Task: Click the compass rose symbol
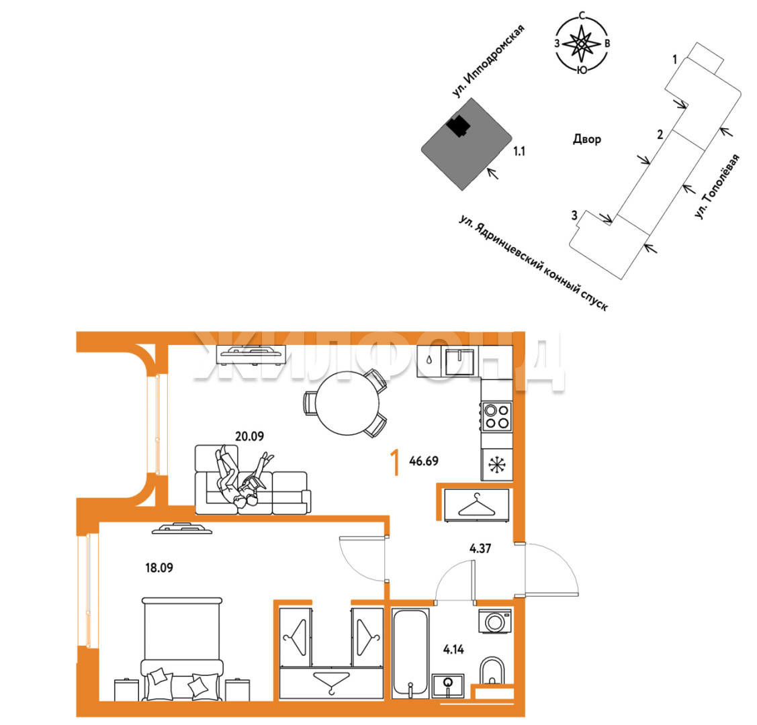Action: pos(582,44)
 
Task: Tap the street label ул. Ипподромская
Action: pos(488,61)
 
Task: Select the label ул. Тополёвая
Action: pos(717,186)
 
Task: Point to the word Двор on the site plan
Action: pos(587,140)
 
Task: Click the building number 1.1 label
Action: pos(519,152)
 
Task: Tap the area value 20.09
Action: pos(250,436)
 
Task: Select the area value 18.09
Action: pos(159,568)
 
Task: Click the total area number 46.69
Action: pos(424,461)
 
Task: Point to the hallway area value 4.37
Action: pos(480,548)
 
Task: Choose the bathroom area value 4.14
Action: pos(453,649)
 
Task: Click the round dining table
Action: pos(348,403)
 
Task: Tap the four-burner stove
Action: pos(497,416)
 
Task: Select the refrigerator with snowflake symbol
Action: pos(497,465)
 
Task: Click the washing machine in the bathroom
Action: pos(495,622)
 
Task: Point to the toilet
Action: pos(492,671)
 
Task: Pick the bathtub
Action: pos(410,653)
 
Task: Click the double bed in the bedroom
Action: pos(182,649)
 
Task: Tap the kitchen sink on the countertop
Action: pos(459,362)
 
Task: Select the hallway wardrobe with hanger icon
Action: pos(476,505)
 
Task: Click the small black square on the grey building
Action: pos(457,126)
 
